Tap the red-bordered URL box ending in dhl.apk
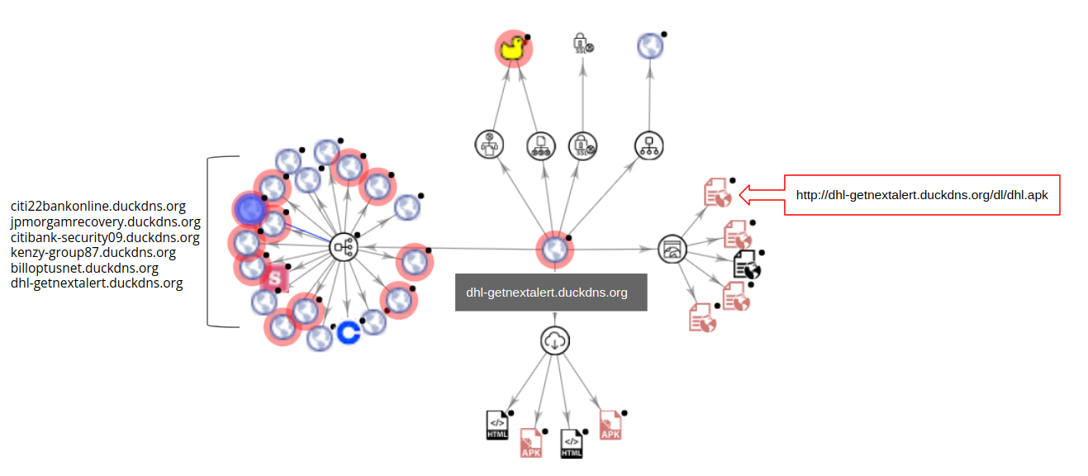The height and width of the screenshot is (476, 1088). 921,196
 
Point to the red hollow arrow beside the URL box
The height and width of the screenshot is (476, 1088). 760,194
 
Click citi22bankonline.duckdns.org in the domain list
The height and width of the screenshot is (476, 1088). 98,207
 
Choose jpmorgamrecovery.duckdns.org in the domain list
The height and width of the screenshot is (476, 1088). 105,222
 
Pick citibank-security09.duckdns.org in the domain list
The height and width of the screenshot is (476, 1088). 105,238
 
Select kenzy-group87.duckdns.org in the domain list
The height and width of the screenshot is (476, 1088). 93,253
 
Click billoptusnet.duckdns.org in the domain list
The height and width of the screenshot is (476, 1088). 84,269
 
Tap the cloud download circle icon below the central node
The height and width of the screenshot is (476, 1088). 554,340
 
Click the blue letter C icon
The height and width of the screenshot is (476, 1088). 348,332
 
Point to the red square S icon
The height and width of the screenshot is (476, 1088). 273,279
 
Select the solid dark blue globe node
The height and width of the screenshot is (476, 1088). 249,210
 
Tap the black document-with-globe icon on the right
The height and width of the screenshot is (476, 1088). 747,266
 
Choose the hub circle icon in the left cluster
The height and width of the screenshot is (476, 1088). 343,247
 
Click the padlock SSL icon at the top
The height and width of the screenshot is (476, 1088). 582,45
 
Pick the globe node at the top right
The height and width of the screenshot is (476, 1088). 651,46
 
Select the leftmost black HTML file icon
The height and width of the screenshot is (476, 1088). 497,425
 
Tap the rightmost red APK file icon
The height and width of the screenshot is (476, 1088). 611,424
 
